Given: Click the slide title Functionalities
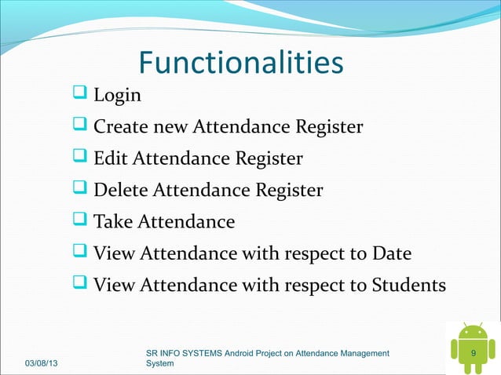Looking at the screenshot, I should pyautogui.click(x=241, y=64).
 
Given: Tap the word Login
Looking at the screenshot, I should pyautogui.click(x=118, y=96).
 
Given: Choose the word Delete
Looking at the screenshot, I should pyautogui.click(x=120, y=191).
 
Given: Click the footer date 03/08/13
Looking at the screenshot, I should pyautogui.click(x=46, y=365).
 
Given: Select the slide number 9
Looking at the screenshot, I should pyautogui.click(x=473, y=355).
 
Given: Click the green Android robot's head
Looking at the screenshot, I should pyautogui.click(x=473, y=333).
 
